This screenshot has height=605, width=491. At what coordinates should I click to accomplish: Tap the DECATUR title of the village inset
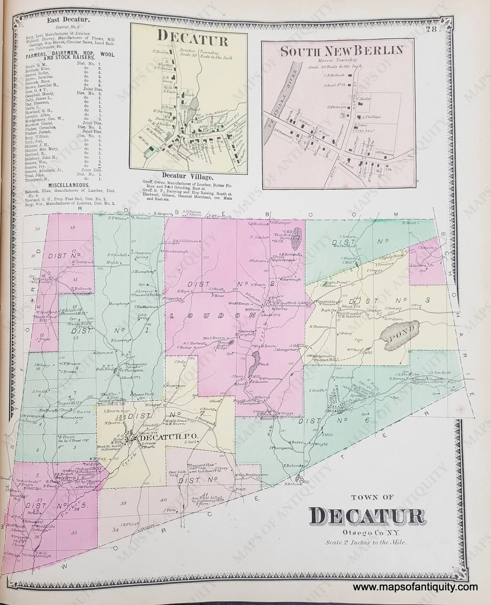pyautogui.click(x=193, y=42)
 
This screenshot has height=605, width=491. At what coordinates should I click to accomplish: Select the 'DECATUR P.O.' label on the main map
pyautogui.click(x=166, y=438)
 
